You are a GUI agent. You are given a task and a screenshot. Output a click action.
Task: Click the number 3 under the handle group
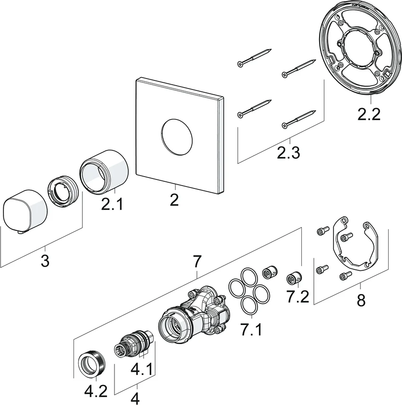45,260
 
